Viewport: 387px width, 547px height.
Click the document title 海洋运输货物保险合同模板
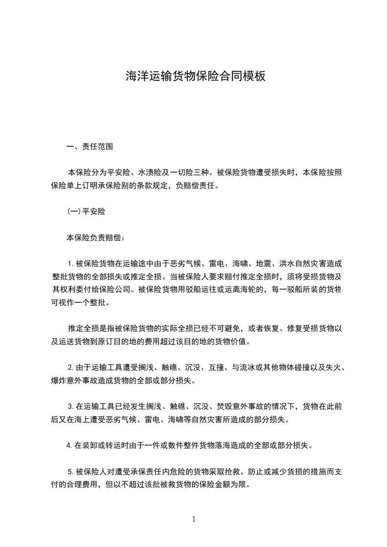pos(195,76)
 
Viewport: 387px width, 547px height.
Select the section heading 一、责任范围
pos(90,146)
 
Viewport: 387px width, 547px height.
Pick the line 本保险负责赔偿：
pos(96,238)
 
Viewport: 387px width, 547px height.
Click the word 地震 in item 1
pos(263,264)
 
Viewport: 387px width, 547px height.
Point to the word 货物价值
pos(232,341)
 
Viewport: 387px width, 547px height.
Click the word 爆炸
pos(59,379)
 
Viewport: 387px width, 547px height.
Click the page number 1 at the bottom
pos(194,520)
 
